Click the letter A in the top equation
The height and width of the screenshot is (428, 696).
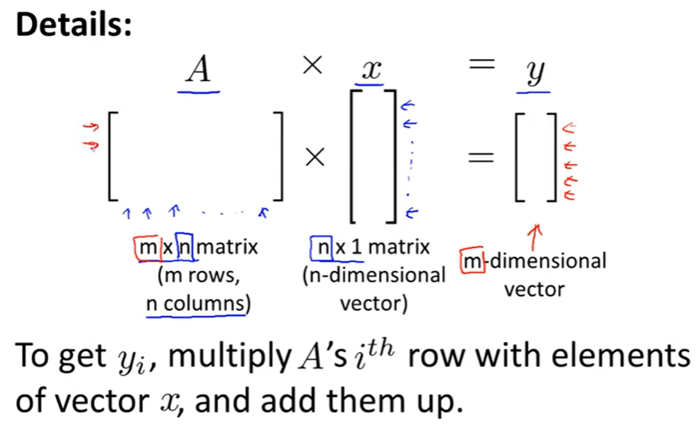(199, 71)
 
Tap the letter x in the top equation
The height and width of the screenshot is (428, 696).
(373, 71)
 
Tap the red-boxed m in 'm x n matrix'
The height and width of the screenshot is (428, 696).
(145, 246)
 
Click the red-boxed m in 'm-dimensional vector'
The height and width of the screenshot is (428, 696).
(471, 261)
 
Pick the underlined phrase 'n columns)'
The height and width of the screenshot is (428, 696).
(196, 303)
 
